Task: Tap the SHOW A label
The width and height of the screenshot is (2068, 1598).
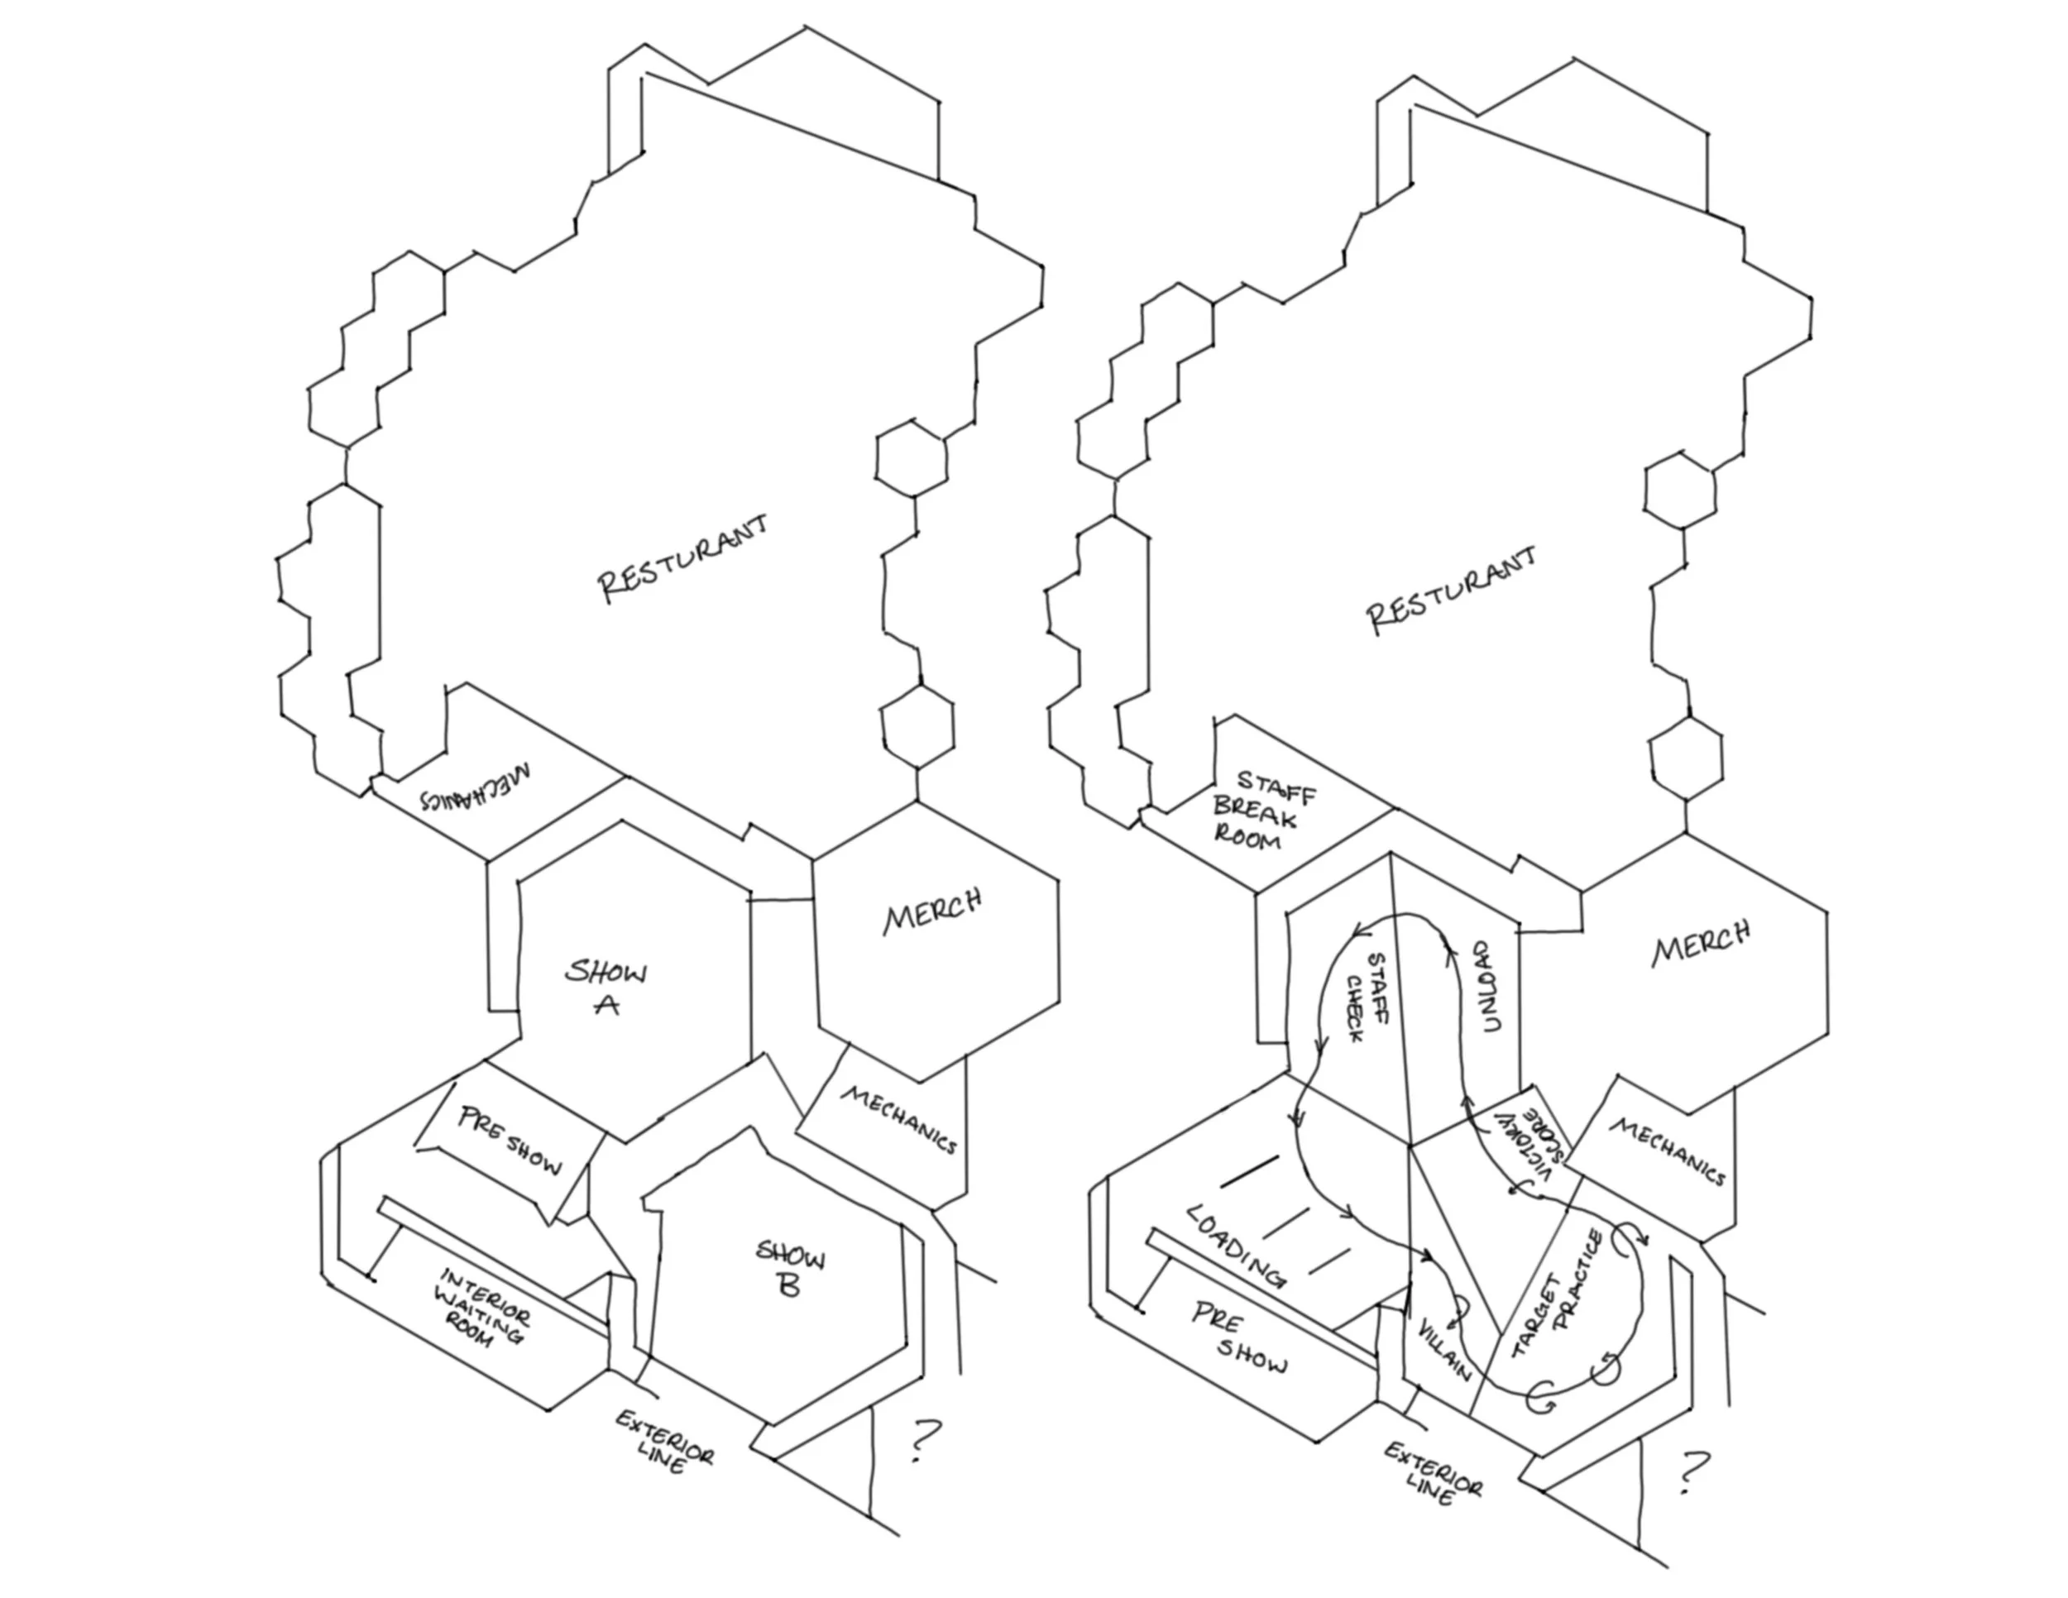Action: pos(607,987)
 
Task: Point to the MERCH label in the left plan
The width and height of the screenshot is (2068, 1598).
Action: pos(933,911)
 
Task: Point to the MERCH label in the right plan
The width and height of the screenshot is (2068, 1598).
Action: pos(1702,943)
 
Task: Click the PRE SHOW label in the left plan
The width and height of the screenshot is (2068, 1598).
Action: pos(510,1140)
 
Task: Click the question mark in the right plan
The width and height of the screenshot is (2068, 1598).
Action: pos(1693,1473)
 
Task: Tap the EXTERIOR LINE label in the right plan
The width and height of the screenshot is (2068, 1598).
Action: pos(1432,1473)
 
